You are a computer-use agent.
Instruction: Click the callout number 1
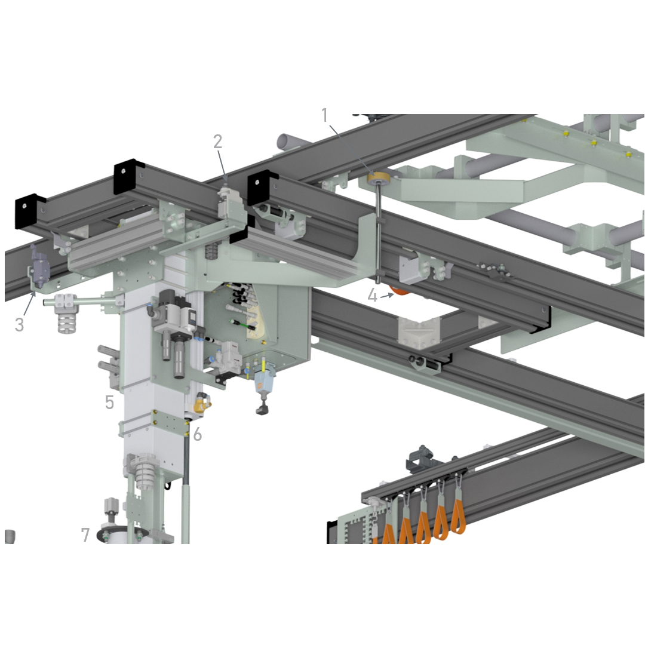[x=325, y=116]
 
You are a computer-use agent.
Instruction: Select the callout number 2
[x=217, y=142]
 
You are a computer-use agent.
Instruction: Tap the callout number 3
[x=19, y=324]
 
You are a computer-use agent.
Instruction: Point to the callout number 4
[x=372, y=296]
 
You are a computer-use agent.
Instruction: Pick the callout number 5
[x=109, y=403]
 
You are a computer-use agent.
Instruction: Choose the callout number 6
[x=198, y=434]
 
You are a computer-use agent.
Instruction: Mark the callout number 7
[x=85, y=535]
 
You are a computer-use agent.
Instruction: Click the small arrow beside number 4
[x=387, y=295]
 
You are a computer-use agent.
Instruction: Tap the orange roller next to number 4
[x=400, y=290]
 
